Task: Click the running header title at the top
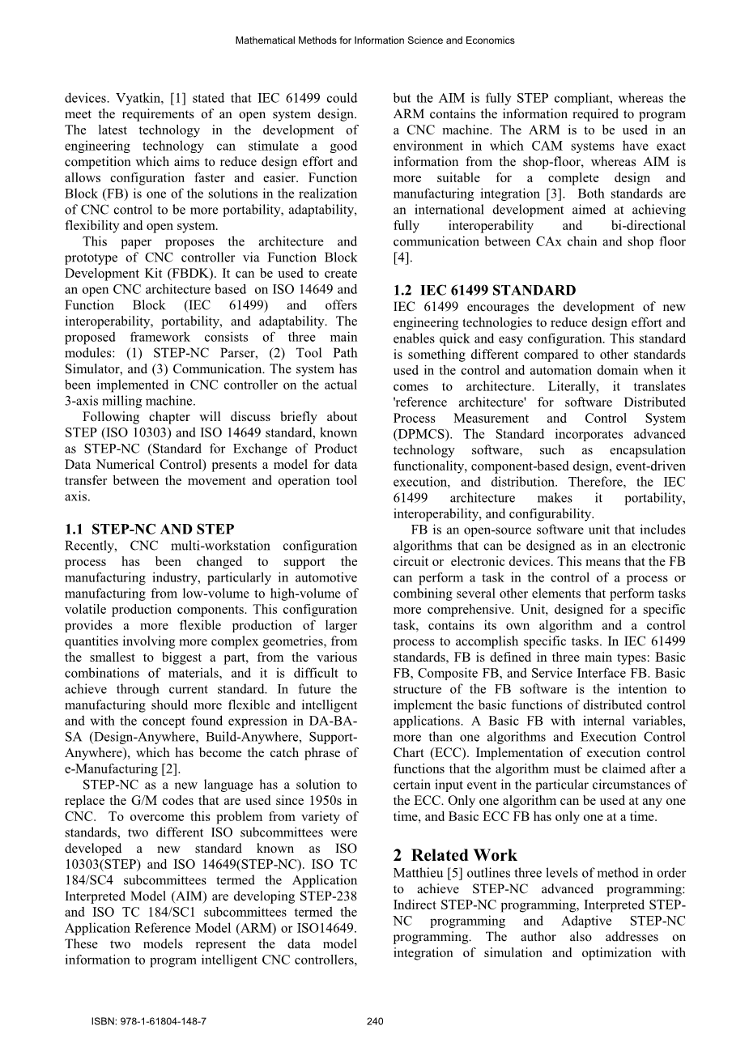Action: [374, 40]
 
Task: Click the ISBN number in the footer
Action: [149, 1022]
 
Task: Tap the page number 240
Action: [374, 1022]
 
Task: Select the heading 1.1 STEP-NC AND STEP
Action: [149, 530]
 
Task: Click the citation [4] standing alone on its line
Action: [402, 258]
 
